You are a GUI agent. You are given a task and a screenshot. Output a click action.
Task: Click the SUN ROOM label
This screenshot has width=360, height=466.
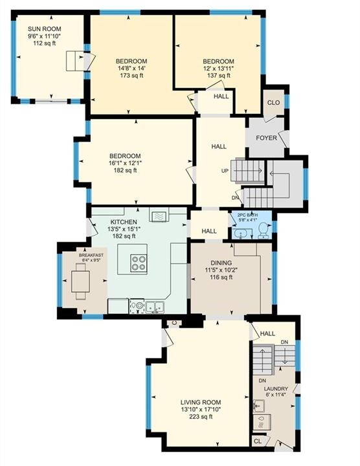pos(45,29)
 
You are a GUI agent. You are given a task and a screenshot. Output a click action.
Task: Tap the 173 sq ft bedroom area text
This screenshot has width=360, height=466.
pos(131,76)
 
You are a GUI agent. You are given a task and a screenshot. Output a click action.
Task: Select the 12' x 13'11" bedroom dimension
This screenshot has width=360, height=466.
pos(218,69)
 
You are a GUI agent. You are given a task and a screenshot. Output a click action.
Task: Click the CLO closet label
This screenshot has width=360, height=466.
pos(273,102)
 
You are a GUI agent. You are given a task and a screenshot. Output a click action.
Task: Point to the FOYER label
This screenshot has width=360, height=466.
pos(266,138)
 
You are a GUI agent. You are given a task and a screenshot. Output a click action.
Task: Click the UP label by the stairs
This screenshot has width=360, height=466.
pos(225,171)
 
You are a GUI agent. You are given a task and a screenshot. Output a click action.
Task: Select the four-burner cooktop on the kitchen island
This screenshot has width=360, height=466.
pos(139,263)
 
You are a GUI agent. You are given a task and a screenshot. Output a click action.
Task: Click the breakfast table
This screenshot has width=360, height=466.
pos(80,281)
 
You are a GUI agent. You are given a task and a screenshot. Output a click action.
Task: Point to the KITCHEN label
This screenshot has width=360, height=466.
pos(124,222)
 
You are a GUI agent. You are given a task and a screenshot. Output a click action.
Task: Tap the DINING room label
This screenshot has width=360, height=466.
pos(221,263)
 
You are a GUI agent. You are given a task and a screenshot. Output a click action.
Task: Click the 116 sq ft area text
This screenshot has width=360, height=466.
pos(221,277)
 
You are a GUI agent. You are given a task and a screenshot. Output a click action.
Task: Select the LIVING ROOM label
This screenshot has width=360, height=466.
pos(201,403)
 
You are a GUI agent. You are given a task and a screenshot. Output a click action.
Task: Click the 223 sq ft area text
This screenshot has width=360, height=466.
pos(201,417)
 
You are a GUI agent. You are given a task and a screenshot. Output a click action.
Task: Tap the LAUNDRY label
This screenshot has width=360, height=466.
pos(276,389)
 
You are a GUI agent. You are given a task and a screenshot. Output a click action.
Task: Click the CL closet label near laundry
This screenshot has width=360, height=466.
pos(258,441)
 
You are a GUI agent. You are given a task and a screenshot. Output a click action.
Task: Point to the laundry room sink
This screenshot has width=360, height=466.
pos(259,405)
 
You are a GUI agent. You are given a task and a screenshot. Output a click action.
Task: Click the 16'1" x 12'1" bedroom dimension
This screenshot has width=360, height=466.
pos(125,163)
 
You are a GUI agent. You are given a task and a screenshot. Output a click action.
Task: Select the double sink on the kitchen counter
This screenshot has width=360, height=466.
pos(155,306)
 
